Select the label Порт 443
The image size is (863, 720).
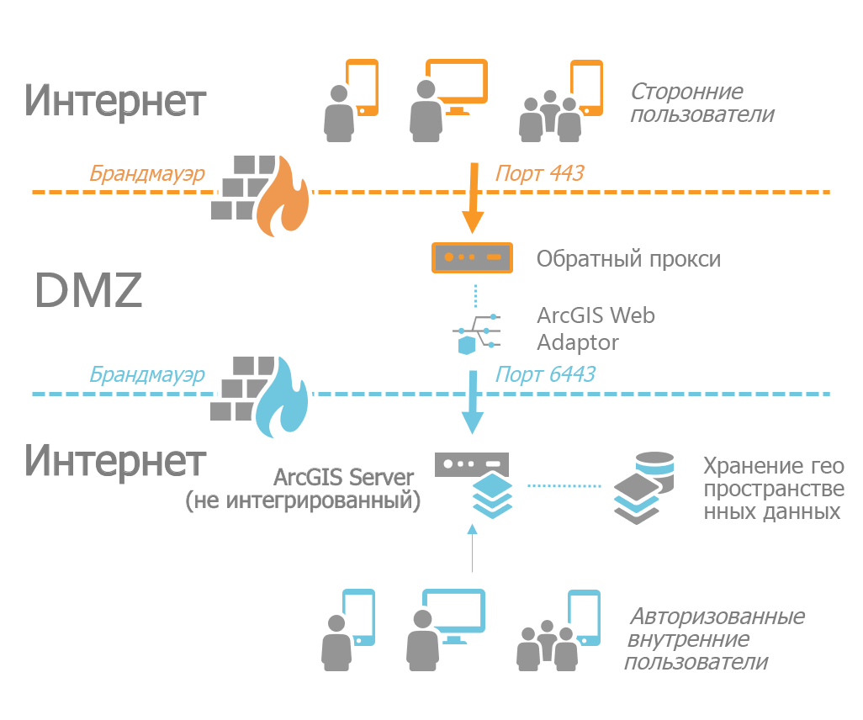pyautogui.click(x=539, y=173)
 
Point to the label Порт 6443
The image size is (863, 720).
pyautogui.click(x=545, y=373)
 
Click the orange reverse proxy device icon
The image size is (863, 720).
pyautogui.click(x=472, y=257)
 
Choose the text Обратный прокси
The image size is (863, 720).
pyautogui.click(x=628, y=257)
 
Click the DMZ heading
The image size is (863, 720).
pyautogui.click(x=88, y=291)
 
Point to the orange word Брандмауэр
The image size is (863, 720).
pyautogui.click(x=147, y=173)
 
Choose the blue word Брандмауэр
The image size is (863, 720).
pyautogui.click(x=147, y=373)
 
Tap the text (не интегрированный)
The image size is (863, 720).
pyautogui.click(x=303, y=502)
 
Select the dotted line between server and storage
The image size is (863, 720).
pyautogui.click(x=564, y=486)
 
